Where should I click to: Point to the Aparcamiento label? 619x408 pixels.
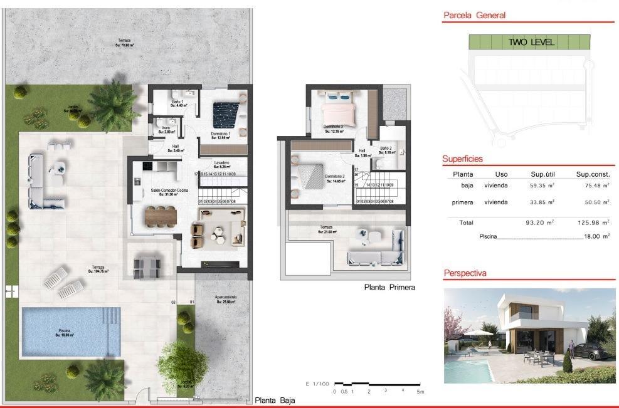click(225, 299)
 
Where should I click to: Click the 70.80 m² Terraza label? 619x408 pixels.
click(122, 43)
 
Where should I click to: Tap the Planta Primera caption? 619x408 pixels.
click(389, 287)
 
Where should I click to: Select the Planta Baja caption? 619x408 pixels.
click(274, 400)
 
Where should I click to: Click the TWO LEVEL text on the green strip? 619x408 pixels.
click(531, 43)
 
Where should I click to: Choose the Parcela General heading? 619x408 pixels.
click(474, 16)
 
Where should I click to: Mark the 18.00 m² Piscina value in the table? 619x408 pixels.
click(596, 236)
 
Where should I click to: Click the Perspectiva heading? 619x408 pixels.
click(465, 273)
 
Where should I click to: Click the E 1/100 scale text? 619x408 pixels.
click(317, 384)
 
